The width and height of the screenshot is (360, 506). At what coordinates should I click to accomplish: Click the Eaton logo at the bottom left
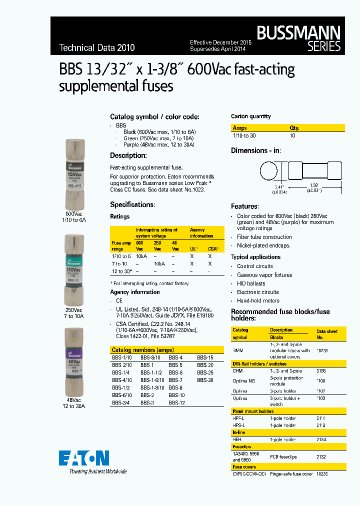(x=83, y=458)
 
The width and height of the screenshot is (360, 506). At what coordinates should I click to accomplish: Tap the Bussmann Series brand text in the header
(x=299, y=39)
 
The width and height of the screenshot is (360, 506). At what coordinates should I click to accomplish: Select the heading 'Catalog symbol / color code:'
(x=154, y=116)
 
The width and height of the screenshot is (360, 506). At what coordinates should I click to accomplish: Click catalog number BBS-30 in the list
(x=205, y=380)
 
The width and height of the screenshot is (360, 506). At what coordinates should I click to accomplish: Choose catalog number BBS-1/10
(x=122, y=358)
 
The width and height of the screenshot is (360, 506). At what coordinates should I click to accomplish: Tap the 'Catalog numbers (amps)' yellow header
(x=142, y=350)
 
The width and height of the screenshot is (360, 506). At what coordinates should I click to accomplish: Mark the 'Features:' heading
(x=245, y=206)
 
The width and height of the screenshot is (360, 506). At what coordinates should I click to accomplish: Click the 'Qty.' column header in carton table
(x=294, y=128)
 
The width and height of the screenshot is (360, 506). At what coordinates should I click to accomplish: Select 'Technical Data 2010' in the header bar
(x=97, y=48)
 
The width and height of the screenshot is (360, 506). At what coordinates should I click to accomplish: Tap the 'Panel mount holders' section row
(x=253, y=411)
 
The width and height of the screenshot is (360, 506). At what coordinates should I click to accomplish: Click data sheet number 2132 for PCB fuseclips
(x=321, y=457)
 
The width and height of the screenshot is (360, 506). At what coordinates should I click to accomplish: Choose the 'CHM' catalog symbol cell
(x=237, y=371)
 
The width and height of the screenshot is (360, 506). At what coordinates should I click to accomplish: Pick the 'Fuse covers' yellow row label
(x=244, y=467)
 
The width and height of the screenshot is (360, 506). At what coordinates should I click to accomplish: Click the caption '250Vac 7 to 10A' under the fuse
(x=73, y=313)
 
